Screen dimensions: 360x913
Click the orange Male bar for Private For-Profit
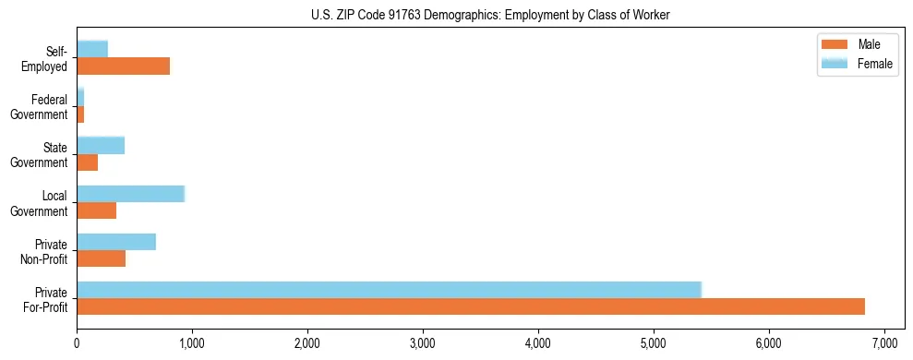tap(471, 306)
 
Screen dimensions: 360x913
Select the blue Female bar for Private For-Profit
tap(389, 289)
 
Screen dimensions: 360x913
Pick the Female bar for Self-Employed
tap(92, 49)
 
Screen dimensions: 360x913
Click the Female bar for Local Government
tap(130, 193)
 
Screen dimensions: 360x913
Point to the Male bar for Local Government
tap(96, 210)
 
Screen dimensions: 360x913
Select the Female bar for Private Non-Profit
tap(116, 241)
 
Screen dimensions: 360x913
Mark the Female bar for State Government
tap(101, 145)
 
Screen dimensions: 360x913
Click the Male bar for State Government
tap(87, 162)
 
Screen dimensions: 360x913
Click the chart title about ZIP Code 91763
tap(490, 15)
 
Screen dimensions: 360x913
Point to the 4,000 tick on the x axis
tap(538, 343)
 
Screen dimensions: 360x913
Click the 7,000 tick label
tap(884, 343)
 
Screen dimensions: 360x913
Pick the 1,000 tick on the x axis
tap(192, 343)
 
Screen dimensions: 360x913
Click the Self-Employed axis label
tap(50, 59)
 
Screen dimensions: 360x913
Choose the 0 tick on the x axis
tap(77, 343)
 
